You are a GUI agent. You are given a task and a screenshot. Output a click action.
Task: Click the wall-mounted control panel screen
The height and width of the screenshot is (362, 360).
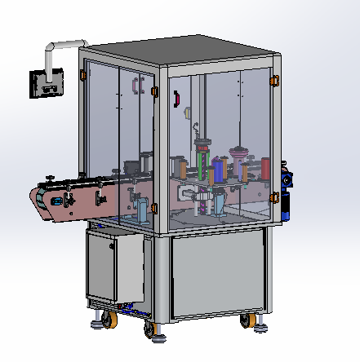click(x=44, y=82)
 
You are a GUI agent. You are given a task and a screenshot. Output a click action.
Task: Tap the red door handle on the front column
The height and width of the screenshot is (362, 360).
click(x=176, y=98)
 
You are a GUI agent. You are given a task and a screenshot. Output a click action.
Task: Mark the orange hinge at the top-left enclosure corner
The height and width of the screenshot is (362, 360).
click(x=82, y=75)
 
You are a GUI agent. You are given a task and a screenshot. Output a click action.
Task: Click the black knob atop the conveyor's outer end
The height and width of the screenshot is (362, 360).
click(x=50, y=180)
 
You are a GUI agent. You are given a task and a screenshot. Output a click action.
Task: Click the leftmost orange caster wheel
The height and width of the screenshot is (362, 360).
click(x=104, y=324)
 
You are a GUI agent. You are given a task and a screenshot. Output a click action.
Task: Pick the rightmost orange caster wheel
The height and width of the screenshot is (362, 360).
click(x=245, y=321)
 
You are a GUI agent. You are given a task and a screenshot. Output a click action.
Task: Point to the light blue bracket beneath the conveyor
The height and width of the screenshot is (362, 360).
click(x=144, y=210)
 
